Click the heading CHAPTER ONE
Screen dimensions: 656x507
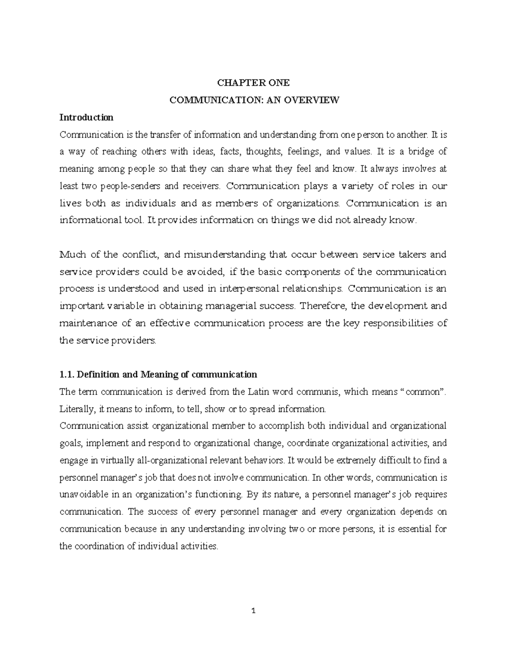[253, 83]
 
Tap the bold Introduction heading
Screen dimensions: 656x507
[86, 117]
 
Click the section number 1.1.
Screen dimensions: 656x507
[68, 375]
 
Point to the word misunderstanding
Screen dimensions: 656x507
[224, 255]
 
